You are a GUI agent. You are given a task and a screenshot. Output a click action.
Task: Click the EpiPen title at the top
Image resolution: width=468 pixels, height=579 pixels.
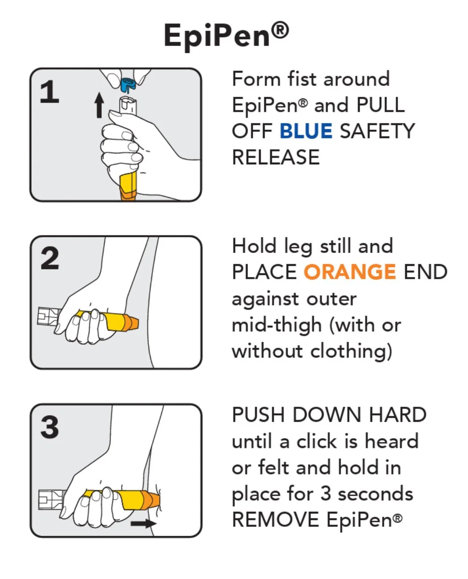226,35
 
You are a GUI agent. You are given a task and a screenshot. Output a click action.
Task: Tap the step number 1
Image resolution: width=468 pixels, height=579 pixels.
49,92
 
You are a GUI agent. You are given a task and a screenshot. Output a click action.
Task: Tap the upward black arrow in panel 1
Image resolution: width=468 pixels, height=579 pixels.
99,105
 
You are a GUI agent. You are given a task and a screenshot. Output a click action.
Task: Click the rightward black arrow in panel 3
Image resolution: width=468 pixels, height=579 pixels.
144,523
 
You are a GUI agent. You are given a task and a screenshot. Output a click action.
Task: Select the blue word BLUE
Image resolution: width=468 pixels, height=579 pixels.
306,131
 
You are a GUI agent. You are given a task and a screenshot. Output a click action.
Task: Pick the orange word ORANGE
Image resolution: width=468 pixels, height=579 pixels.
350,272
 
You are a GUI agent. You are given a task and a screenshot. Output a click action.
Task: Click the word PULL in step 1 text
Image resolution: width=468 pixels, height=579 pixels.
381,105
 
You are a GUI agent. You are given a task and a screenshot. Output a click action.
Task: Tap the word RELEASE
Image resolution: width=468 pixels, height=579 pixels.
276,157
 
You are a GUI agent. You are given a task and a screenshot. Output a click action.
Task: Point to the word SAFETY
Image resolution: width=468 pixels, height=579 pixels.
378,131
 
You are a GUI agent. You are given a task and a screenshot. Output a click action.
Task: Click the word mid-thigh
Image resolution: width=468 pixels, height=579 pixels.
277,325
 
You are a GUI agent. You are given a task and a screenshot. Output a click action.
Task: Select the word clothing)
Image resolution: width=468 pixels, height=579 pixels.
351,351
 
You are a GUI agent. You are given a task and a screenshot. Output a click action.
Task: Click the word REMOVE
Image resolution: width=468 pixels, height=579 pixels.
275,519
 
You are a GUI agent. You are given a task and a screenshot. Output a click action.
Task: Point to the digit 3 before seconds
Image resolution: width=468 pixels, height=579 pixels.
325,494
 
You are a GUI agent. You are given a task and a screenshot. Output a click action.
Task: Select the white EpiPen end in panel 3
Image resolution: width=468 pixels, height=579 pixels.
51,500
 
